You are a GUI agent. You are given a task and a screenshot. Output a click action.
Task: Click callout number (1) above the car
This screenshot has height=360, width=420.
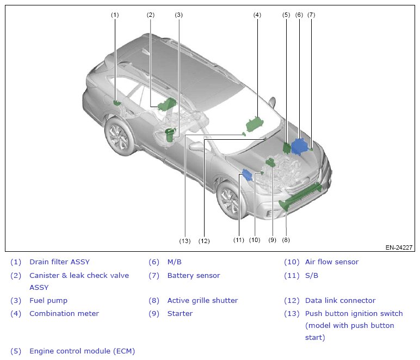[x=115, y=15]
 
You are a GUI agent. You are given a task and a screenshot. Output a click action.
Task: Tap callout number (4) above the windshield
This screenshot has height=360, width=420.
[x=257, y=15]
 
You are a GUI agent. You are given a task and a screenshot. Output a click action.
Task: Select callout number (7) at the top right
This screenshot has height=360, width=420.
[x=311, y=15]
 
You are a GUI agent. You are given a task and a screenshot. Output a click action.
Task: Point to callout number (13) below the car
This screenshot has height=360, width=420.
[x=185, y=240]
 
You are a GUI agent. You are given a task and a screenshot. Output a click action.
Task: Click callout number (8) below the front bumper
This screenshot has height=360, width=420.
[x=286, y=239]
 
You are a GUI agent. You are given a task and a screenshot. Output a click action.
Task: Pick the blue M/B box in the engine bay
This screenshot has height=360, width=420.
[x=299, y=145]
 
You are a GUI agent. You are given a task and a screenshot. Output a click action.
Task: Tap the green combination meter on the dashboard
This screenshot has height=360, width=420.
[x=255, y=124]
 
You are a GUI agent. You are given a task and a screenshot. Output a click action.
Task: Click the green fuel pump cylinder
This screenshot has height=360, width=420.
[x=170, y=134]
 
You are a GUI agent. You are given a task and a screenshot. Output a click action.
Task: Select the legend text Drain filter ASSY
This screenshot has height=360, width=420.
[x=59, y=262]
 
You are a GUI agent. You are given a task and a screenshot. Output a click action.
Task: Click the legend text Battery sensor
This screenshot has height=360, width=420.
[x=194, y=276]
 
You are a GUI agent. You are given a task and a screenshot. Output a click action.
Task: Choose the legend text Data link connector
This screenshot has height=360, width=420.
[x=340, y=300]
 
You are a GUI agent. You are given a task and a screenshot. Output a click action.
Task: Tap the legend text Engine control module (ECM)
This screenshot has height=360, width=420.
[x=82, y=351]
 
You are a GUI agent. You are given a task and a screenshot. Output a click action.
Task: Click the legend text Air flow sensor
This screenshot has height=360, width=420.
[x=332, y=262]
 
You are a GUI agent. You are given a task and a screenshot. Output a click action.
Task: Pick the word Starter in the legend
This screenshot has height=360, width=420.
[x=180, y=314]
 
